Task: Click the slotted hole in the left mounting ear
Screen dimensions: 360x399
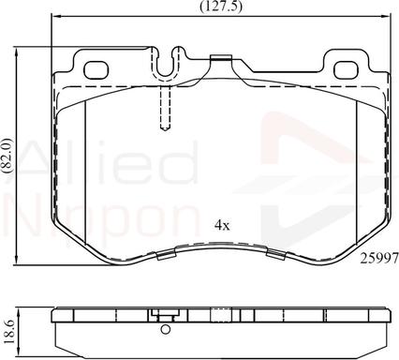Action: click(96, 68)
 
